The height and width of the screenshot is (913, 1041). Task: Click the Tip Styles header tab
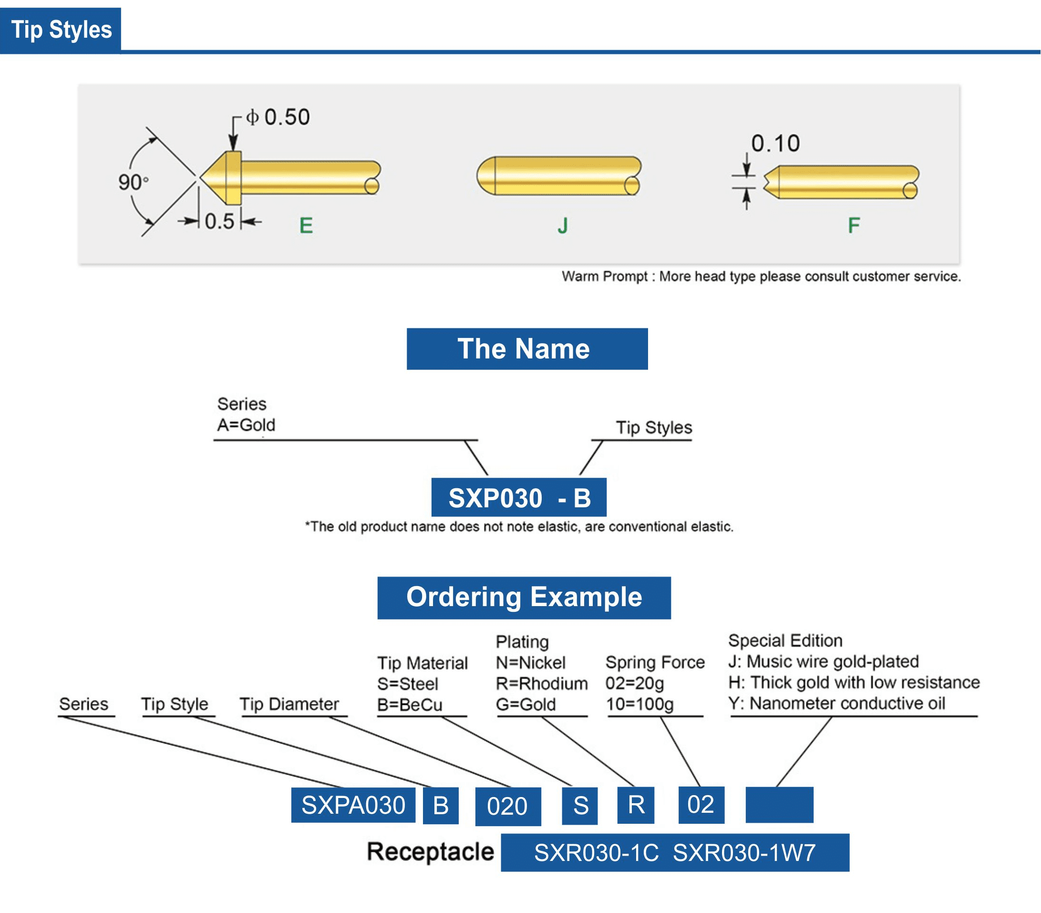(x=61, y=30)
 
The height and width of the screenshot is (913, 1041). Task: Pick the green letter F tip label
(x=853, y=225)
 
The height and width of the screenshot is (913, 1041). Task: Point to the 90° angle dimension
(x=133, y=182)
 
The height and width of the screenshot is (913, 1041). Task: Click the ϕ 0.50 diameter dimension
(x=278, y=117)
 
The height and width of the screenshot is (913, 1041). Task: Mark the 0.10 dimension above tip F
(x=775, y=143)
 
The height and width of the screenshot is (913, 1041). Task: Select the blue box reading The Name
(x=527, y=348)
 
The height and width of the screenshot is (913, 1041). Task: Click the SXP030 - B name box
(x=518, y=497)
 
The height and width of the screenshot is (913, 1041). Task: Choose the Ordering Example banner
(x=523, y=597)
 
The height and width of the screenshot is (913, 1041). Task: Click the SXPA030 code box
(x=353, y=805)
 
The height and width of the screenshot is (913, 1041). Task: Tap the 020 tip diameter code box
(x=507, y=806)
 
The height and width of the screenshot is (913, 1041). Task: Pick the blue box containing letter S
(x=580, y=806)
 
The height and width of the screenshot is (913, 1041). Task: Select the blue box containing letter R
(x=635, y=805)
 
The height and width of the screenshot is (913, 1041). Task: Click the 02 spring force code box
(x=701, y=805)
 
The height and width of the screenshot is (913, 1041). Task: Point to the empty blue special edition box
(x=779, y=805)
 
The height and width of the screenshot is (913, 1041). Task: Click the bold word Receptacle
(x=430, y=852)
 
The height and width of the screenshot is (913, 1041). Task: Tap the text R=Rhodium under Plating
(x=541, y=683)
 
